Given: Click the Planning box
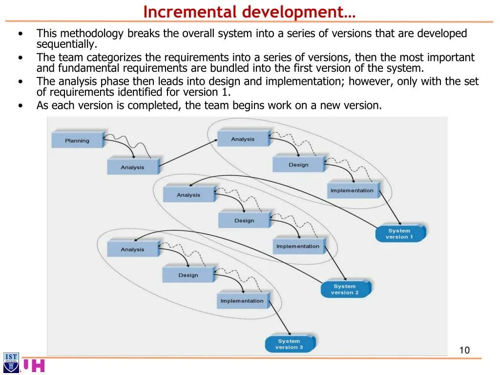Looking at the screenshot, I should pyautogui.click(x=77, y=141).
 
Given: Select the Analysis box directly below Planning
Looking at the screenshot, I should pyautogui.click(x=133, y=167).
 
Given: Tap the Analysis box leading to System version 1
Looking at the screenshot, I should pyautogui.click(x=243, y=139).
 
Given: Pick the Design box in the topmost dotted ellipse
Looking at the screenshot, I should pyautogui.click(x=298, y=165).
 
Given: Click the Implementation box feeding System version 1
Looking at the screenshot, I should pyautogui.click(x=352, y=190).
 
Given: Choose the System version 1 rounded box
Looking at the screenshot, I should pyautogui.click(x=399, y=234).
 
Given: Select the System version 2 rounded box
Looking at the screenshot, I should pyautogui.click(x=345, y=290).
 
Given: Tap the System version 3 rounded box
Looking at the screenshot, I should pyautogui.click(x=289, y=344).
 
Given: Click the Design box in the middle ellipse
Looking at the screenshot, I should pyautogui.click(x=244, y=221).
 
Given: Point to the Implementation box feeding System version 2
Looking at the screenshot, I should pyautogui.click(x=298, y=246).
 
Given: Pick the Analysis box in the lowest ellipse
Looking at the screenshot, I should pyautogui.click(x=132, y=250).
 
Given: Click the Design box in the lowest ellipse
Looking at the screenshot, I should pyautogui.click(x=188, y=275).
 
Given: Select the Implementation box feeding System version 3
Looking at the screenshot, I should pyautogui.click(x=242, y=301).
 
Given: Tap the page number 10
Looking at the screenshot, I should pyautogui.click(x=464, y=350).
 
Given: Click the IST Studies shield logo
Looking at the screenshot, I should pyautogui.click(x=11, y=362).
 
